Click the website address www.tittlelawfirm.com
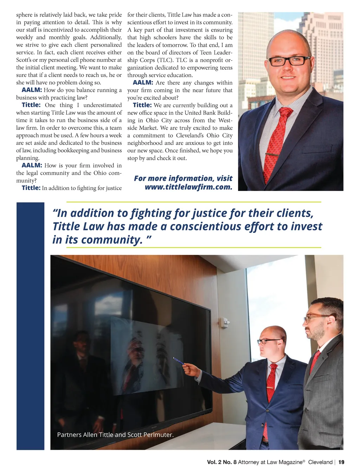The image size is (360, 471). pos(188,187)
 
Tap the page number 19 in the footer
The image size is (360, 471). pos(341,462)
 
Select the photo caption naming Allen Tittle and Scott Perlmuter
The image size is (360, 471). pos(115,435)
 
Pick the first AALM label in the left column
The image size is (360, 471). pos(32,90)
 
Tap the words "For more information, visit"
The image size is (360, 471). pos(183,178)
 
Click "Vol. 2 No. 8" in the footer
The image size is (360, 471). pos(221,462)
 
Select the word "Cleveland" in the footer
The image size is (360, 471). pos(320,462)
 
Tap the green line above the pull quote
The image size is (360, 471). pos(193,202)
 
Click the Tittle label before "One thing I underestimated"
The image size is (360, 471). pos(31,105)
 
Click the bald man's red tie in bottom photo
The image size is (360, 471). pos(271,382)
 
